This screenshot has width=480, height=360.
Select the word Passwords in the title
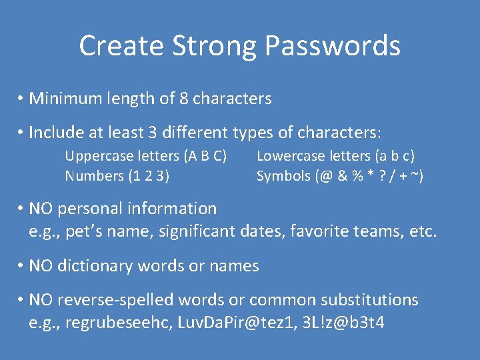coord(332,47)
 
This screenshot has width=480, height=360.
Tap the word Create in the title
coord(121,47)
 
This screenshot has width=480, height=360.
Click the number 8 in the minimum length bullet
coord(183,99)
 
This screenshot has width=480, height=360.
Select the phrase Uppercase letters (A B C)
coord(145,157)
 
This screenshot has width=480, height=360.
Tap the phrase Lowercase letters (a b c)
coord(335,157)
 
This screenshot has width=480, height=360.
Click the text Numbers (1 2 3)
coord(117,177)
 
